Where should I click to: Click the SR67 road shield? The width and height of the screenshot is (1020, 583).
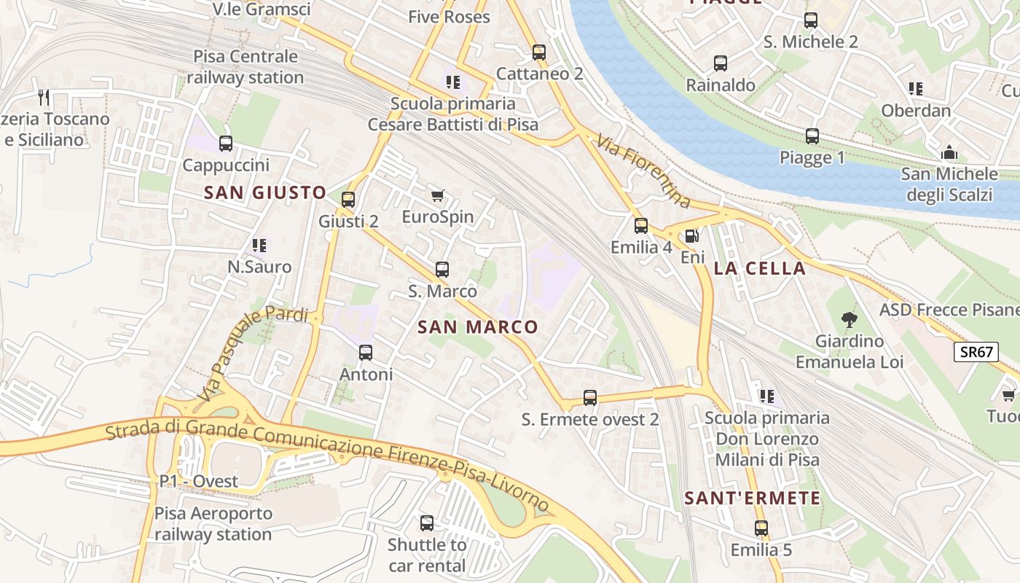[976, 352]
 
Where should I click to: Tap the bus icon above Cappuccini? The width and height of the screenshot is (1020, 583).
[226, 144]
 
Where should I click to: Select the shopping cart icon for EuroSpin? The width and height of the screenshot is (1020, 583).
[437, 195]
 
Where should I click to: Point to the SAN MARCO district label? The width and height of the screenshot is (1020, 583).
[478, 327]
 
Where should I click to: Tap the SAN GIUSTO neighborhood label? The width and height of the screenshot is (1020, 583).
[265, 192]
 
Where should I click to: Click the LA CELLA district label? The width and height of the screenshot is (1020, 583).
[760, 268]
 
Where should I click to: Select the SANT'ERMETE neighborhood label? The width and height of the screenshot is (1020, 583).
[753, 498]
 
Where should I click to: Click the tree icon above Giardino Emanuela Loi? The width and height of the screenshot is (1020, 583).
[849, 318]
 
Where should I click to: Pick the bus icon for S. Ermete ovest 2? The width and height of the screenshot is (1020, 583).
[590, 398]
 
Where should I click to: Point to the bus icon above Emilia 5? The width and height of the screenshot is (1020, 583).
[761, 528]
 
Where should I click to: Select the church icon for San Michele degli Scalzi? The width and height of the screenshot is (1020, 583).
[949, 152]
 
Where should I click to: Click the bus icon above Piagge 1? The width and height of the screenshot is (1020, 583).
[812, 136]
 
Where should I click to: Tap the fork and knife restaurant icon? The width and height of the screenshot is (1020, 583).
[44, 97]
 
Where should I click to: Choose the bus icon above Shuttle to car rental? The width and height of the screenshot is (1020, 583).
[427, 523]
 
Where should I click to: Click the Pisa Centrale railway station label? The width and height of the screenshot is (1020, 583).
[246, 67]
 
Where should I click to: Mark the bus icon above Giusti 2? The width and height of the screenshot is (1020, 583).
[348, 199]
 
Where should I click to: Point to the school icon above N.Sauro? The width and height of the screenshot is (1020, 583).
[259, 246]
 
